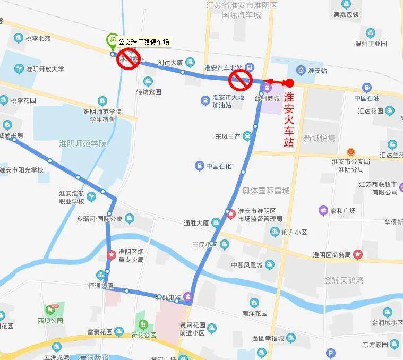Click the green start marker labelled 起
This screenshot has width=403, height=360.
(112, 39)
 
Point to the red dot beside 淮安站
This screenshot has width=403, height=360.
(290, 82)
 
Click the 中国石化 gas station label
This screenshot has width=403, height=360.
(219, 166)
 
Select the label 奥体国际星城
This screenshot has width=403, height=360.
(265, 191)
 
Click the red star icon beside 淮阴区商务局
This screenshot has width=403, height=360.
(358, 254)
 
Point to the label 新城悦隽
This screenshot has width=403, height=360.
(320, 138)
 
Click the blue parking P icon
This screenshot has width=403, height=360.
(331, 353)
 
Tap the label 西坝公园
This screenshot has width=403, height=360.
(50, 321)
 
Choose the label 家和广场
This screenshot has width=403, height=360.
(342, 211)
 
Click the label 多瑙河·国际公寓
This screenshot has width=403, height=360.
(99, 218)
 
